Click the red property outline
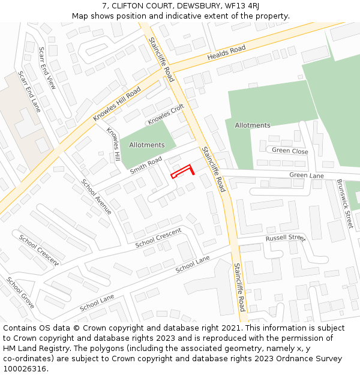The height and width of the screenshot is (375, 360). [x=182, y=172]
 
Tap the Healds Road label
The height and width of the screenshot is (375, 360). [x=227, y=52]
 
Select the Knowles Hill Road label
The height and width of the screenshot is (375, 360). [x=117, y=104]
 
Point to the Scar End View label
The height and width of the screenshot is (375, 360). [x=47, y=68]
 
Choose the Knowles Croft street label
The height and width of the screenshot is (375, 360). [x=166, y=114]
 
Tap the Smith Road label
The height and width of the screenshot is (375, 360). [x=146, y=166]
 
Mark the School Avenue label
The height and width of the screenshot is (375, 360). [x=97, y=197]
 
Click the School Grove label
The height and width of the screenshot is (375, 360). [x=20, y=293]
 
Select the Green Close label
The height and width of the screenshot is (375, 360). [x=290, y=151]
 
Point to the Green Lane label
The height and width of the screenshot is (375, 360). [x=307, y=176]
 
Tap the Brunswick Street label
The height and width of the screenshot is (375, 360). [x=345, y=203]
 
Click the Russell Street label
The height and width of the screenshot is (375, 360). [x=286, y=238]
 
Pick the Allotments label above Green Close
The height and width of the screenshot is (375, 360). [x=253, y=125]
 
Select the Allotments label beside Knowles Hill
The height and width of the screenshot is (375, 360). [x=146, y=145]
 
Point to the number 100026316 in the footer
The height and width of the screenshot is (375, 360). [x=25, y=369]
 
